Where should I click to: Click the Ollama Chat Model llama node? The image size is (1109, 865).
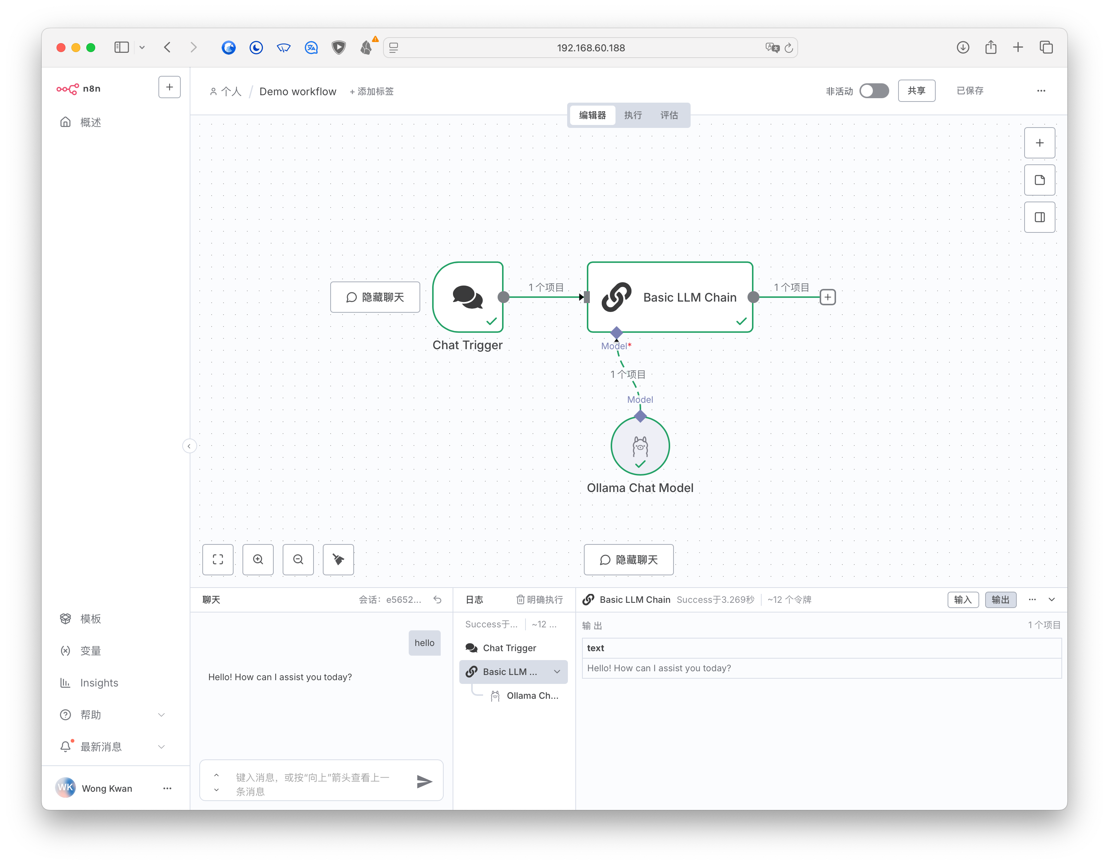click(640, 446)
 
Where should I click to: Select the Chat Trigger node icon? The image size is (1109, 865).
click(467, 297)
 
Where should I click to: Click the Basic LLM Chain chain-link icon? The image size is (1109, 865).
click(617, 297)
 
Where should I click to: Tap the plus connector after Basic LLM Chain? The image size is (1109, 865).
click(828, 297)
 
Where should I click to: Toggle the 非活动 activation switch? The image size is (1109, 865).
click(874, 91)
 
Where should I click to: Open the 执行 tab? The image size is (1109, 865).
click(633, 115)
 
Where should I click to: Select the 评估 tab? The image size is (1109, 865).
click(669, 115)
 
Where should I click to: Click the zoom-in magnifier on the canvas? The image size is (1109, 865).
click(258, 559)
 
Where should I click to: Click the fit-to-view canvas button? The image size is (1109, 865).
click(218, 559)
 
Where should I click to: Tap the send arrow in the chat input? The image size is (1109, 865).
click(424, 781)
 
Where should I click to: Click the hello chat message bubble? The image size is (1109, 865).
click(424, 643)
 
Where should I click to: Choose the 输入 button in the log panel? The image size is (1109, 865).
click(963, 599)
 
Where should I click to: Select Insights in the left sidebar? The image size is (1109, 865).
click(99, 683)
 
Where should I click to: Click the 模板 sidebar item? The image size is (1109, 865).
click(90, 619)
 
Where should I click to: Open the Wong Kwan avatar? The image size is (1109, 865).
click(65, 788)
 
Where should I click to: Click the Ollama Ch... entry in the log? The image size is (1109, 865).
click(532, 695)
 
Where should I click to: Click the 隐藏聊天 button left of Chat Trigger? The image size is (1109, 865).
click(375, 297)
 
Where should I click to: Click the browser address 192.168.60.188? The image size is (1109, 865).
click(591, 48)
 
